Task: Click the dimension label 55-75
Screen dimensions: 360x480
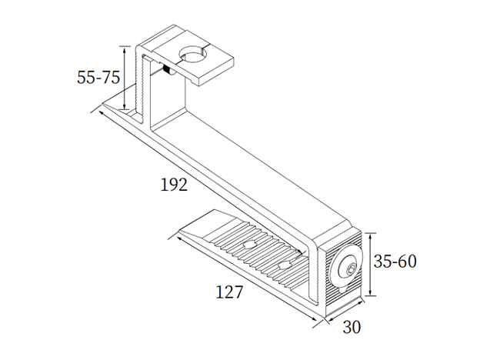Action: tap(98, 78)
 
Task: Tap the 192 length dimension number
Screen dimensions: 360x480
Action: tap(175, 184)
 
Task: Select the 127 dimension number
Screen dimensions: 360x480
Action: tap(228, 292)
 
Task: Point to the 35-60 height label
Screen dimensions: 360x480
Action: tap(395, 262)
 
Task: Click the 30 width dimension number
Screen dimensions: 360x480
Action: tap(351, 327)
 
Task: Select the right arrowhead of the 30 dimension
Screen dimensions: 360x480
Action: tap(361, 311)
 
